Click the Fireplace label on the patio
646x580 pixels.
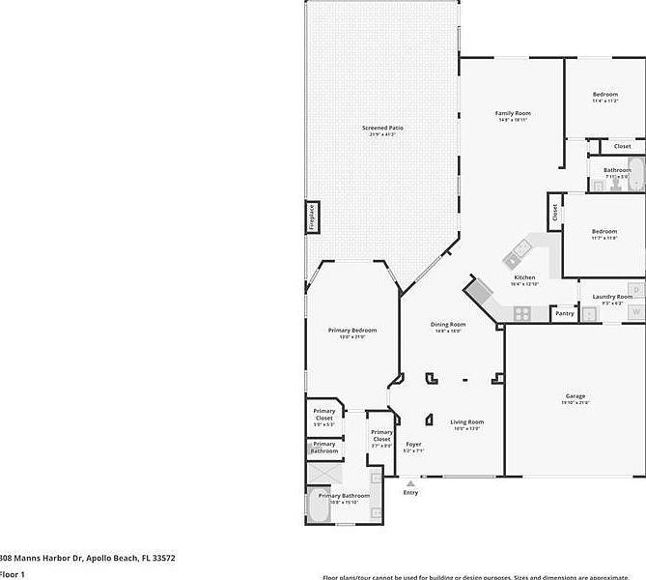point(312,217)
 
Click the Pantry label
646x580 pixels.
point(565,313)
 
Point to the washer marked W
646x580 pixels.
point(636,311)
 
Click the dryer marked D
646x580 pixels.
point(636,289)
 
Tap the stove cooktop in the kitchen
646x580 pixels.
point(521,312)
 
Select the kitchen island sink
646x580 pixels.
point(513,256)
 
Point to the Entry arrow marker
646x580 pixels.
point(411,482)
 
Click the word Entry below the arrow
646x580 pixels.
point(411,492)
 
